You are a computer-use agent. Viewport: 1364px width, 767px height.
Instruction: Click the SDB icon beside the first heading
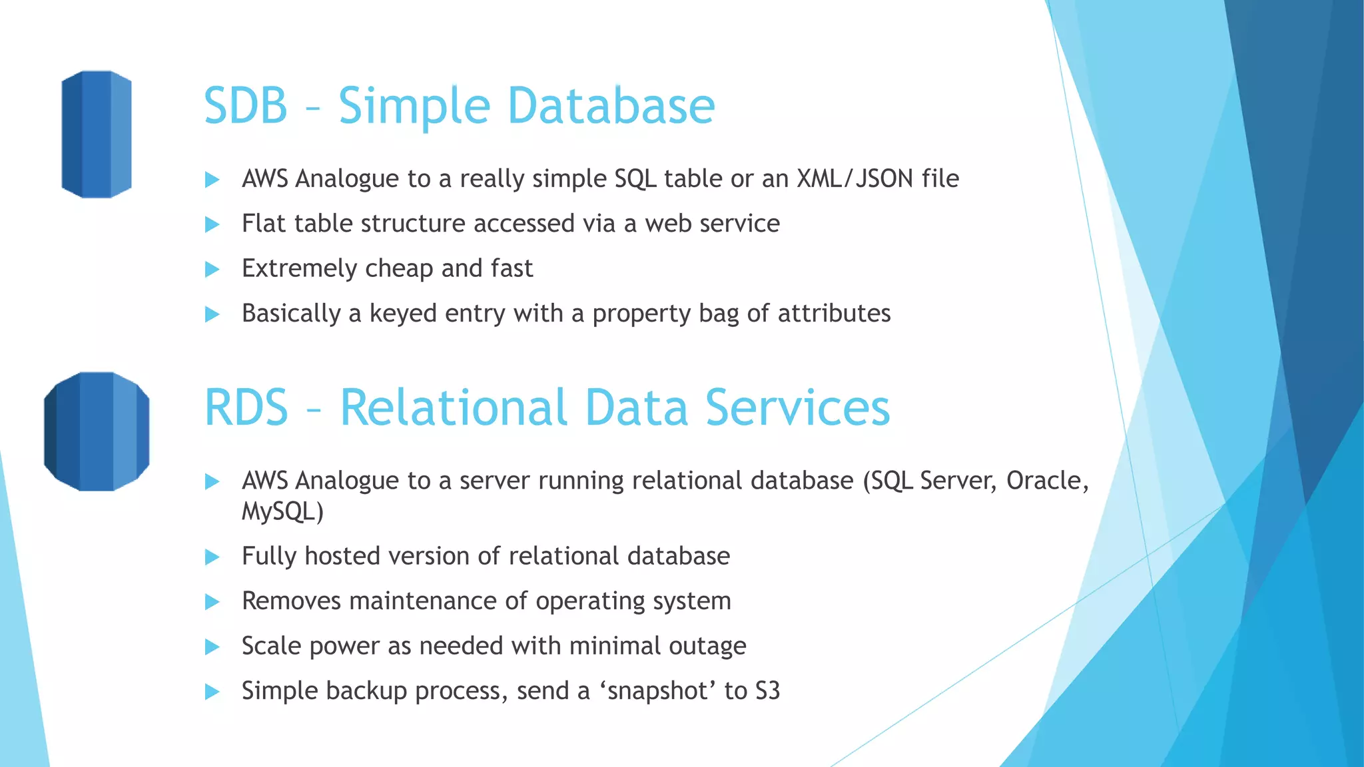coord(97,134)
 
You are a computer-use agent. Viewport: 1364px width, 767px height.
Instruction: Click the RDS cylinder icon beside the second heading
coord(97,431)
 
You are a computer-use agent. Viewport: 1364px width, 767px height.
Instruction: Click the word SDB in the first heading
coord(245,106)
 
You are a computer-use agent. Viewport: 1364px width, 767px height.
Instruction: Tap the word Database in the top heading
coord(611,106)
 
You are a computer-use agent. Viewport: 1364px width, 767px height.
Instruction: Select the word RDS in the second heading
coord(246,407)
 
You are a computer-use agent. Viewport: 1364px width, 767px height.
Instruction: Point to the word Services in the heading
coord(797,407)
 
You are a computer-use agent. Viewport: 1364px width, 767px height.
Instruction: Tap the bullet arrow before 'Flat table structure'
coord(212,224)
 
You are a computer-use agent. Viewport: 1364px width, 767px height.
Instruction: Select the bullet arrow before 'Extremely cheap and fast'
coord(212,269)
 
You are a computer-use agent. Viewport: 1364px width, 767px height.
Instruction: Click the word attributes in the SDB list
coord(834,313)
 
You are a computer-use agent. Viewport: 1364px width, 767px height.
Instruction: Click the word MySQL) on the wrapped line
coord(282,511)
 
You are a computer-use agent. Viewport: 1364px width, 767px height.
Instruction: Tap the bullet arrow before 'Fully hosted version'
coord(212,557)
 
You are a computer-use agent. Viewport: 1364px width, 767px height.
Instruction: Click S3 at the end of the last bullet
coord(767,690)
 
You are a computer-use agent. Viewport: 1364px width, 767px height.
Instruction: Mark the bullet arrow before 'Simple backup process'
coord(212,691)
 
